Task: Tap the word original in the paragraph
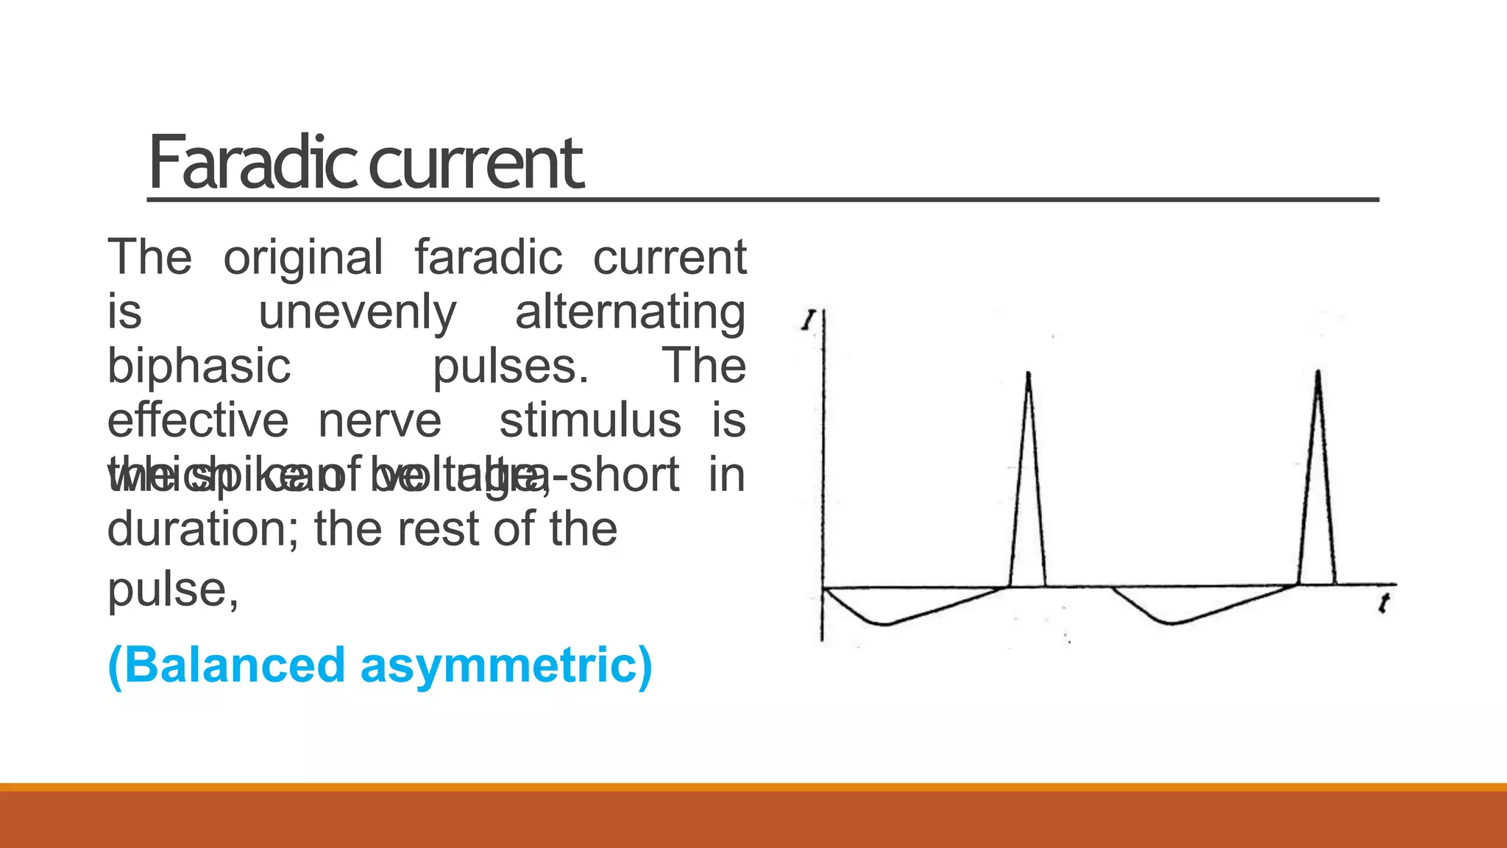[x=302, y=258]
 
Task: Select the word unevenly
[x=358, y=312]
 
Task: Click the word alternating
[x=630, y=312]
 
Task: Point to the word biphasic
[x=199, y=366]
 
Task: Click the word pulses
[x=509, y=366]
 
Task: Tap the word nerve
[x=380, y=420]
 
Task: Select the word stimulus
[x=590, y=420]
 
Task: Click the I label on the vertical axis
[x=809, y=321]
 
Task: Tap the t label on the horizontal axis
[x=1384, y=604]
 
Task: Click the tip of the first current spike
[x=1028, y=373]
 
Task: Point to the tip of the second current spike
[x=1318, y=372]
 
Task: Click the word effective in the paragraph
[x=198, y=420]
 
